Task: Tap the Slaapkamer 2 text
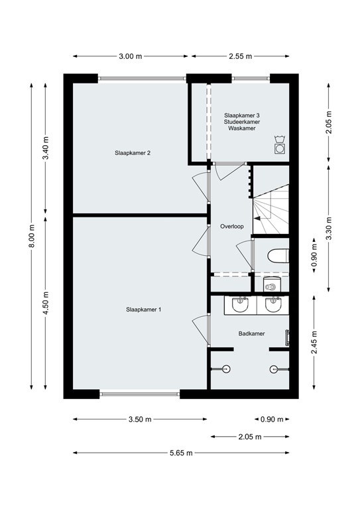[x=133, y=153]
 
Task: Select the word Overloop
[x=232, y=227]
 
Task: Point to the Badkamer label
[x=252, y=333]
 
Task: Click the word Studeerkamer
[x=242, y=122]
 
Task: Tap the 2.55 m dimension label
[x=239, y=56]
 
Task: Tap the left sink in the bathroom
[x=240, y=305]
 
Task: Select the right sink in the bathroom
[x=272, y=305]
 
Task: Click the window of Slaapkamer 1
[x=140, y=395]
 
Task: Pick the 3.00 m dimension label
[x=130, y=56]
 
